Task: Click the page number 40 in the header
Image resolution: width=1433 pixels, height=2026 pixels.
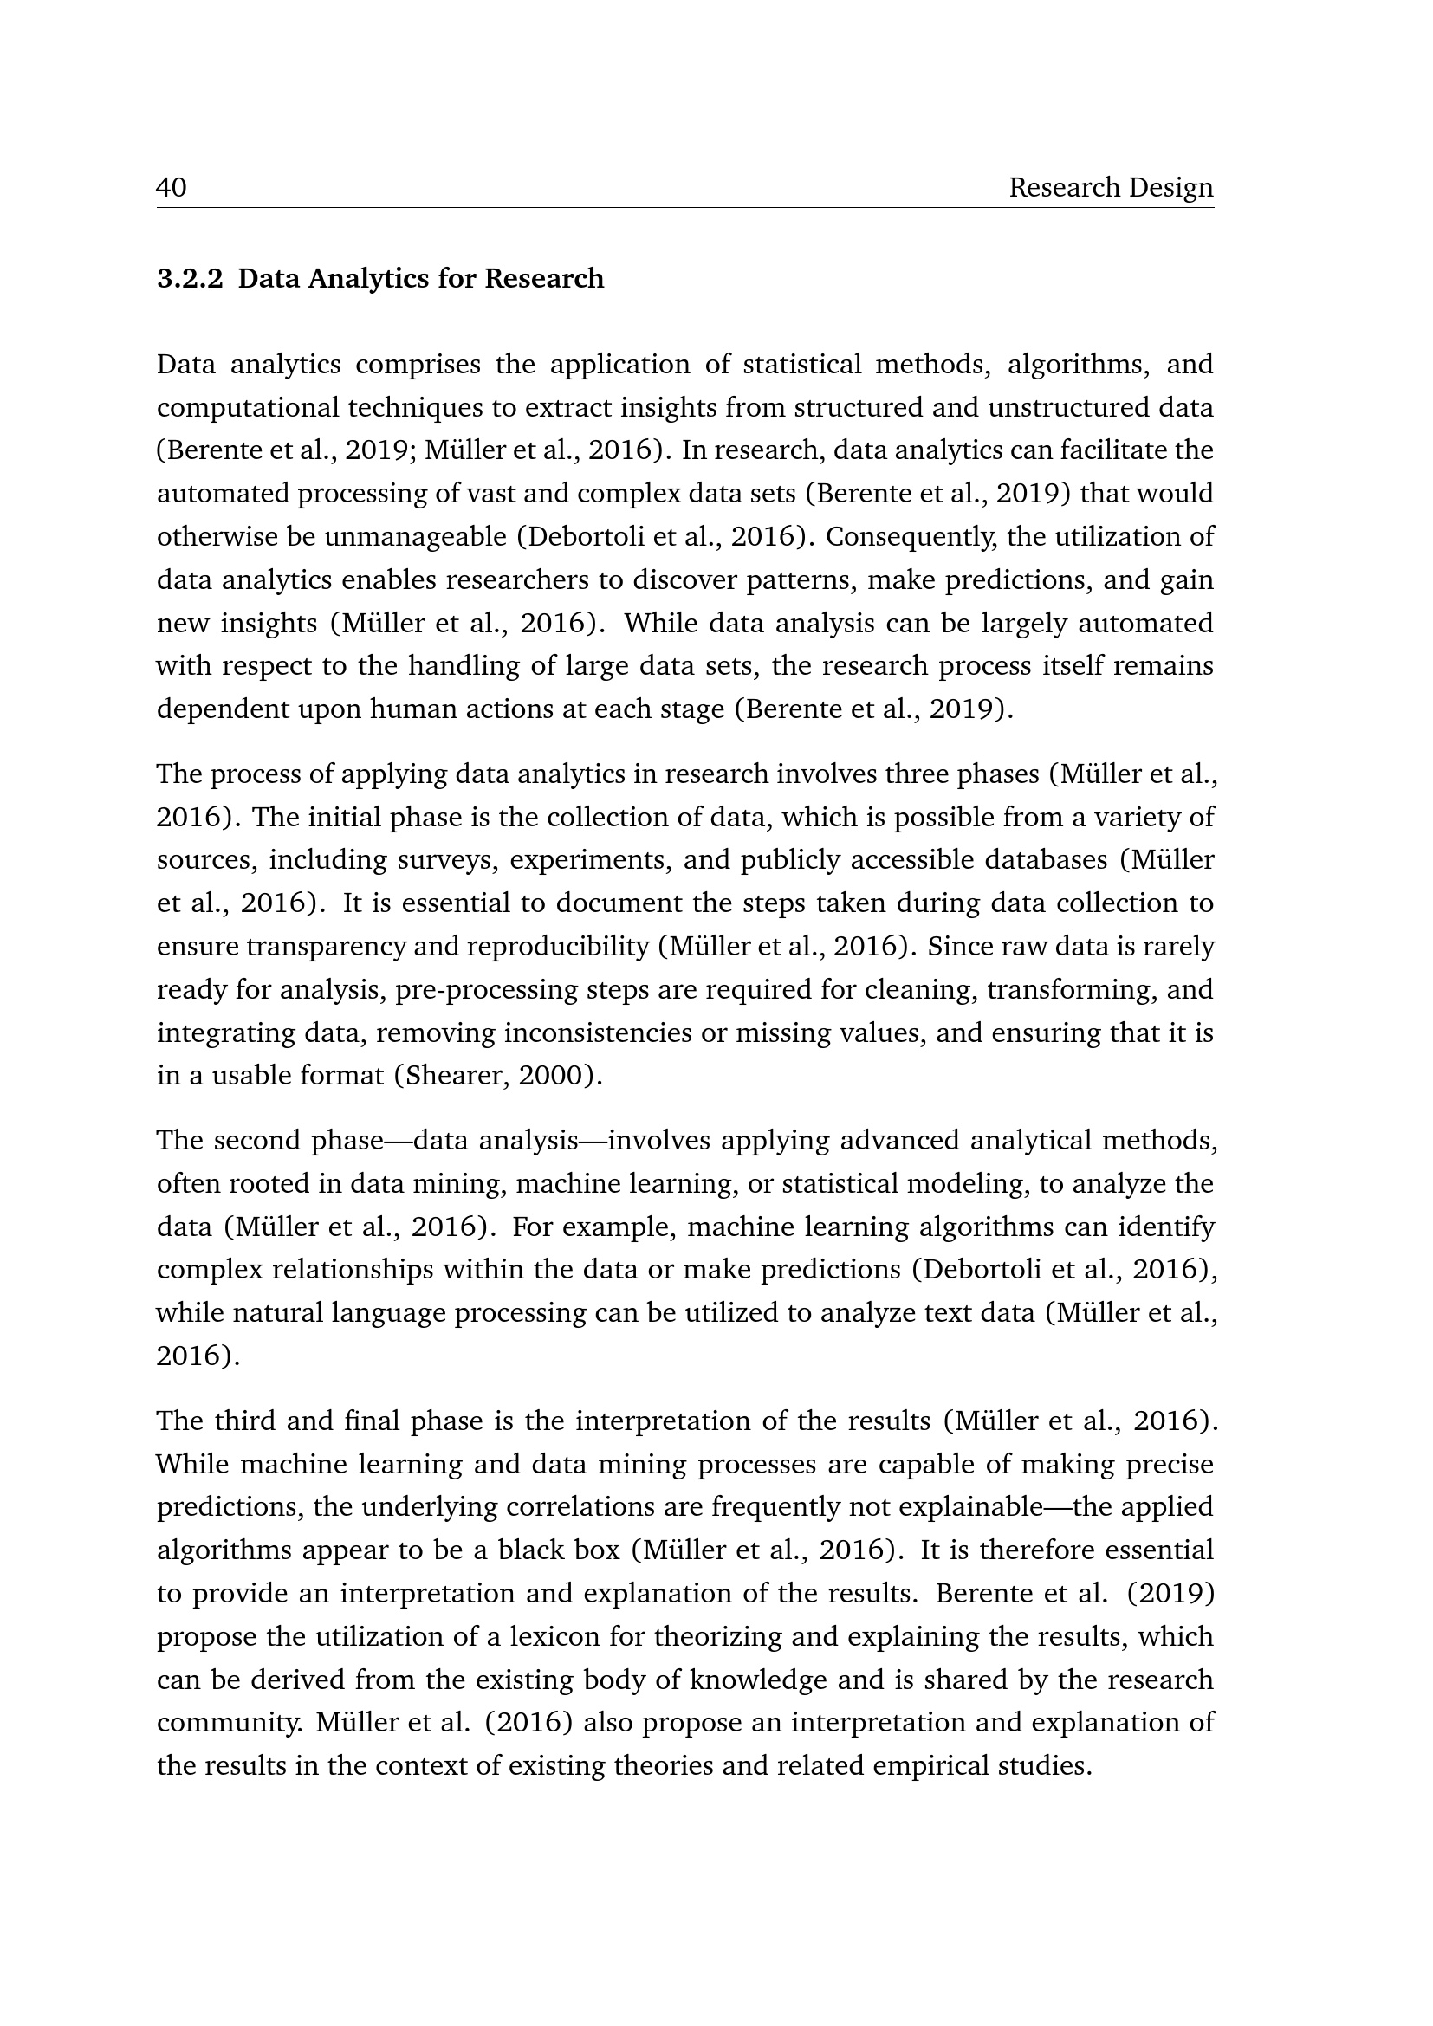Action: click(x=172, y=188)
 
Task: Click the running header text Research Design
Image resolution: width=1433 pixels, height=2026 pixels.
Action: click(x=1111, y=188)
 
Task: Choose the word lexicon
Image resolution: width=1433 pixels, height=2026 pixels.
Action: click(x=554, y=1637)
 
